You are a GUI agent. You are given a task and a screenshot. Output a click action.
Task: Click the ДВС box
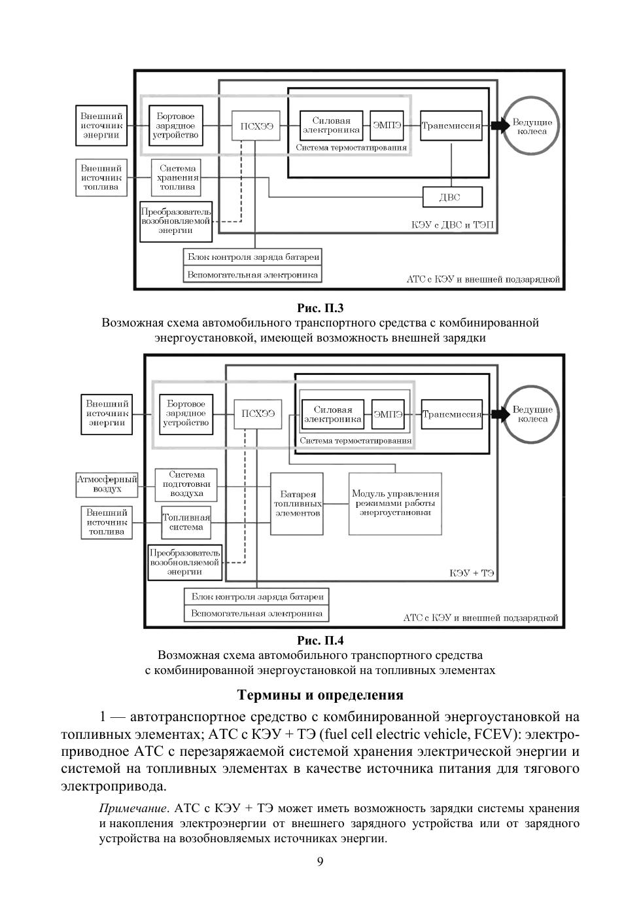(x=452, y=197)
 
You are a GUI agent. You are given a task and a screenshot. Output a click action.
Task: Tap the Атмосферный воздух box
(x=107, y=484)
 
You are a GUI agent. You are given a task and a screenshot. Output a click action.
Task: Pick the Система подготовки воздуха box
(x=186, y=484)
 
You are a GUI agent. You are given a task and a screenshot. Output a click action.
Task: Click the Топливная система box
(x=186, y=522)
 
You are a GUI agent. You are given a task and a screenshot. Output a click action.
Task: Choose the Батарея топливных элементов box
(x=298, y=504)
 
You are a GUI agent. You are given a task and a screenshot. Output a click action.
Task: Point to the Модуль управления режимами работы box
(x=395, y=503)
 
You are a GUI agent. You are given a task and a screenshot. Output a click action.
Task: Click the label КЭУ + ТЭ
(x=472, y=573)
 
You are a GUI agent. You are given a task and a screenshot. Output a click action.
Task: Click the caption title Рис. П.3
(x=320, y=308)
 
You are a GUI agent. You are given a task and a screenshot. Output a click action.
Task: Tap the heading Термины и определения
(x=320, y=694)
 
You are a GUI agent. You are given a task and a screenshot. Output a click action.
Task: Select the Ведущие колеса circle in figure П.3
(x=532, y=126)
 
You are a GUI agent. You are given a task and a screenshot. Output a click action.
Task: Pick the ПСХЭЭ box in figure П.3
(x=254, y=126)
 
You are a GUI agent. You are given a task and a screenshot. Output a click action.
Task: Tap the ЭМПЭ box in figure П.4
(x=388, y=414)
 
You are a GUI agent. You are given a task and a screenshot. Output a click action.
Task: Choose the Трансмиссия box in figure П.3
(x=451, y=126)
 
